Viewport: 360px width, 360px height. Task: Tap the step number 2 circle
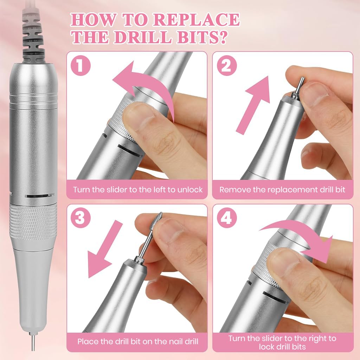click(226, 66)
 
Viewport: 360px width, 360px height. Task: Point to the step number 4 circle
click(226, 218)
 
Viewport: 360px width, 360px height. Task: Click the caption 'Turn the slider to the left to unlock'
click(138, 189)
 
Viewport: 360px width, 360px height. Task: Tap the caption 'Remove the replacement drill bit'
click(282, 189)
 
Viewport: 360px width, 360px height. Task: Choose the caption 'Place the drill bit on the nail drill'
click(138, 341)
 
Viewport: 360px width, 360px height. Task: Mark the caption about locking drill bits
click(282, 342)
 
